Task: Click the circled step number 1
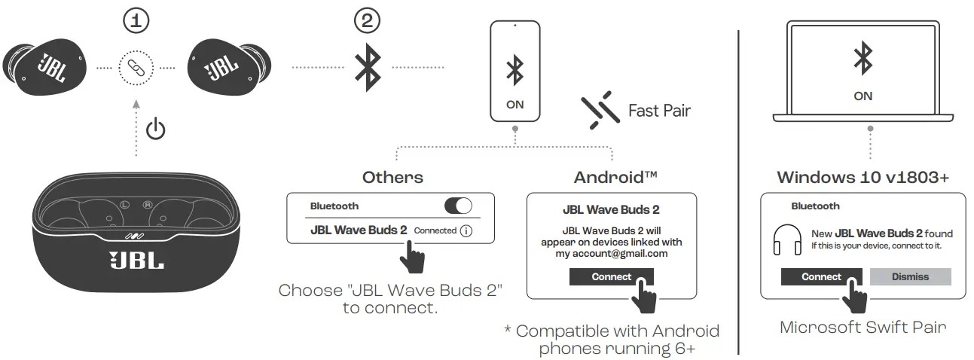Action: point(136,21)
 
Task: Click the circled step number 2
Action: point(367,21)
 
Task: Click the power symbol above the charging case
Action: point(155,129)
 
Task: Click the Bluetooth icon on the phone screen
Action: point(515,71)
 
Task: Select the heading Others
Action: point(392,178)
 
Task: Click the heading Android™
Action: point(615,178)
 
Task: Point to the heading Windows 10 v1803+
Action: point(863,178)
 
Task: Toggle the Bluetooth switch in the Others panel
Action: point(458,206)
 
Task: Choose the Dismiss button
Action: point(910,276)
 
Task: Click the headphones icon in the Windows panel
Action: point(787,239)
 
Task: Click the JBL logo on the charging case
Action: point(136,260)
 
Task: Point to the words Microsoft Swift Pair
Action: point(863,327)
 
